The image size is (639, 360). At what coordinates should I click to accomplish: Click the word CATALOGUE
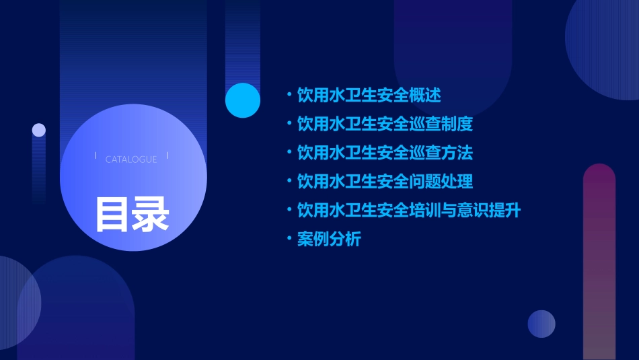click(131, 159)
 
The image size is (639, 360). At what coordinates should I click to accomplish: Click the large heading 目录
click(132, 214)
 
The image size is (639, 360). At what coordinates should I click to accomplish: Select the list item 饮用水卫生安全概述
click(369, 95)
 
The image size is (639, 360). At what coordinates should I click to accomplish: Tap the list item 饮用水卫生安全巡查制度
click(385, 124)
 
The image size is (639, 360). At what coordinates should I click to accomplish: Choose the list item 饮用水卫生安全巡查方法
click(385, 153)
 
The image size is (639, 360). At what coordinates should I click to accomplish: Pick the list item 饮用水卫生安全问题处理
click(385, 181)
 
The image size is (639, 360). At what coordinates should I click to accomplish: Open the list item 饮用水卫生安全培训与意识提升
click(409, 210)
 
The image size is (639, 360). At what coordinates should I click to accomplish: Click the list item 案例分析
click(329, 239)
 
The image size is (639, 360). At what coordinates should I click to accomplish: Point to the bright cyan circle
click(243, 100)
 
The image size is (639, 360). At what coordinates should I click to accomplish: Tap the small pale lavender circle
click(39, 130)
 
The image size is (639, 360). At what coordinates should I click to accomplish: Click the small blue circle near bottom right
click(541, 324)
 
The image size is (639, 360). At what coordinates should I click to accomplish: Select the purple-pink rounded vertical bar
click(599, 262)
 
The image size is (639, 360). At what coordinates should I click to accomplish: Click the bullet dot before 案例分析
click(289, 238)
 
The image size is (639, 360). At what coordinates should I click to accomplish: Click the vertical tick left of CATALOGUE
click(96, 156)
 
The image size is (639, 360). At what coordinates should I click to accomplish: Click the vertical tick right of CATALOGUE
click(167, 156)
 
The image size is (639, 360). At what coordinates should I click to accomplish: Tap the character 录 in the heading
click(151, 214)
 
